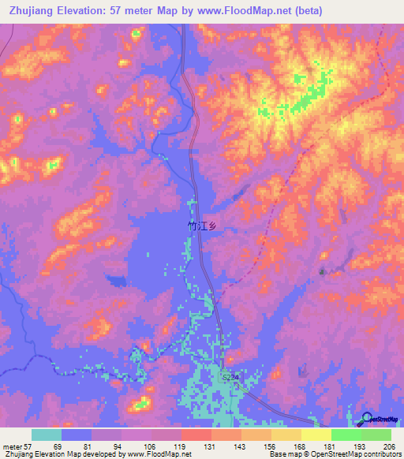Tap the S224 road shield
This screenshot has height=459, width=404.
(228, 378)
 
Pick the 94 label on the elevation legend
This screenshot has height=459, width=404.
(118, 446)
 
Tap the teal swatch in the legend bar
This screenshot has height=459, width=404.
(47, 435)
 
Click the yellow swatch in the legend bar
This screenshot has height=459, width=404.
(316, 435)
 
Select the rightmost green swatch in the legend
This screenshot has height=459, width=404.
(376, 435)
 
